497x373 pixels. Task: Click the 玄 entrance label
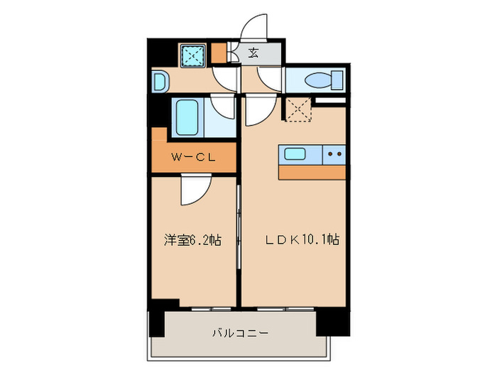[253, 53]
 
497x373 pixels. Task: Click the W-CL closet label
[192, 158]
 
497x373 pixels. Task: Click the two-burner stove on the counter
[334, 153]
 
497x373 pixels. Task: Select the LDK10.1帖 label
[302, 240]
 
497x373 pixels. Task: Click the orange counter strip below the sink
[312, 173]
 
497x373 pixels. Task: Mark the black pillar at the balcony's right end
[332, 320]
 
